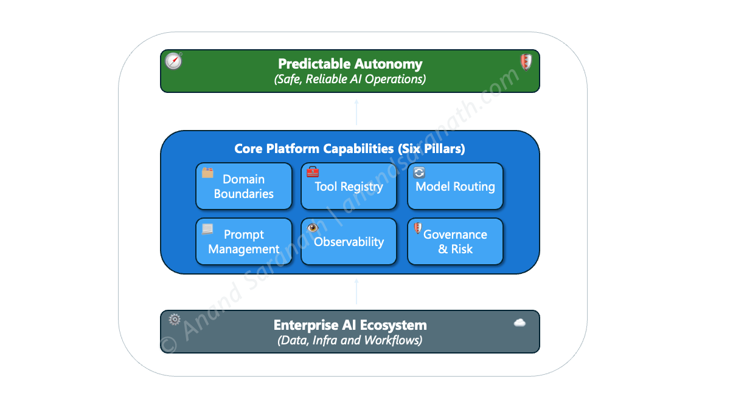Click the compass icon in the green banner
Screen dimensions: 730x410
pos(173,61)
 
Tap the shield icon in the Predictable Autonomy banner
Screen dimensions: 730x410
pos(526,62)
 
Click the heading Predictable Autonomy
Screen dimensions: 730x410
pos(350,64)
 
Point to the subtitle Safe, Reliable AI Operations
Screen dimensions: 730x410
pos(350,79)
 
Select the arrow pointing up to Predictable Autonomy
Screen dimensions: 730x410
pos(356,112)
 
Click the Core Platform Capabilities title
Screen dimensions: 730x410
pos(350,149)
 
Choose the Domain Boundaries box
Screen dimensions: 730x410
pos(244,186)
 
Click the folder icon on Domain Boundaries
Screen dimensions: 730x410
pos(207,173)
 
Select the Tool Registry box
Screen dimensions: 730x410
pos(349,186)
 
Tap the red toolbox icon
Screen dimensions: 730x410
pos(313,172)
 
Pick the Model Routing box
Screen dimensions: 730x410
pos(455,186)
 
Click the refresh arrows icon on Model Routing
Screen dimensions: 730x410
pos(419,173)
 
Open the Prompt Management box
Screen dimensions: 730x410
pos(244,242)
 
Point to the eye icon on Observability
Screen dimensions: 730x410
pos(313,227)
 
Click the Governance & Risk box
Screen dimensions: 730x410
pos(455,242)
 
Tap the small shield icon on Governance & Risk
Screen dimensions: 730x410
pos(418,228)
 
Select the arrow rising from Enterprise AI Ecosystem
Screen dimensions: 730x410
pos(356,292)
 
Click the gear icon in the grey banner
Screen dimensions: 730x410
pos(175,319)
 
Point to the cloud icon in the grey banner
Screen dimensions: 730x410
pos(520,323)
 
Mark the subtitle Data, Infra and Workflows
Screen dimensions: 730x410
pos(350,340)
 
